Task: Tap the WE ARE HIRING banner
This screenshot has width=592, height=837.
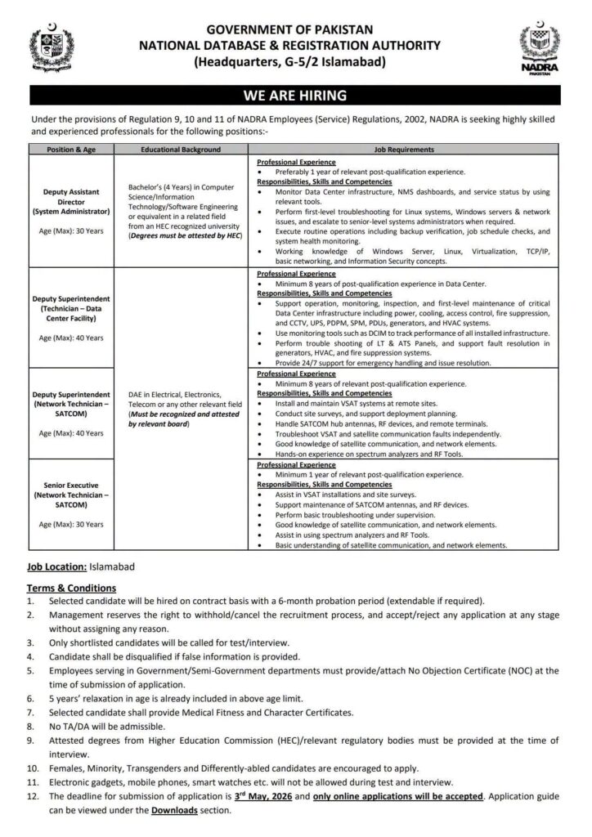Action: click(295, 95)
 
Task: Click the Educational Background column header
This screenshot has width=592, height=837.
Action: click(181, 150)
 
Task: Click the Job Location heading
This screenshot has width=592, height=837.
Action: click(59, 566)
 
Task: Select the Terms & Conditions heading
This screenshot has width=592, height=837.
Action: click(71, 588)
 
